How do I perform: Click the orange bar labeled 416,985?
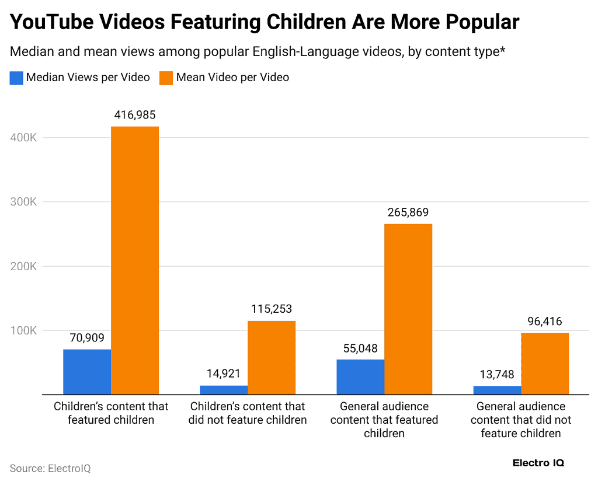(x=135, y=260)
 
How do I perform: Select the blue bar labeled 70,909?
(x=87, y=372)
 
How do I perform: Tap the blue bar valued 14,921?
(x=224, y=390)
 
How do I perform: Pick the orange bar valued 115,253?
(x=272, y=358)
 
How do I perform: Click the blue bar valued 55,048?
(x=360, y=376)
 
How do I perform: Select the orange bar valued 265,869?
(x=408, y=309)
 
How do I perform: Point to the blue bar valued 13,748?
(x=497, y=390)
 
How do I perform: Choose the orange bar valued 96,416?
(x=545, y=364)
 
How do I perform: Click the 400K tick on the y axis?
(x=24, y=138)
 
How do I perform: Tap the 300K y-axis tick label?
(x=24, y=202)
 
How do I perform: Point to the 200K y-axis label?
(x=24, y=266)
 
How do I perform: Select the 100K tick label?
(x=24, y=330)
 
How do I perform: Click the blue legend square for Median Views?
(x=16, y=78)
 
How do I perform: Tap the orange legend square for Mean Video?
(x=166, y=78)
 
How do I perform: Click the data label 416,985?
(x=135, y=115)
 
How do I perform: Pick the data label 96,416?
(x=545, y=322)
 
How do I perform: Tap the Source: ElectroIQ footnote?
(x=50, y=468)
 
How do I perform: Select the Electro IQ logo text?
(x=538, y=463)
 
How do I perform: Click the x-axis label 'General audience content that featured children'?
(x=384, y=420)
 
